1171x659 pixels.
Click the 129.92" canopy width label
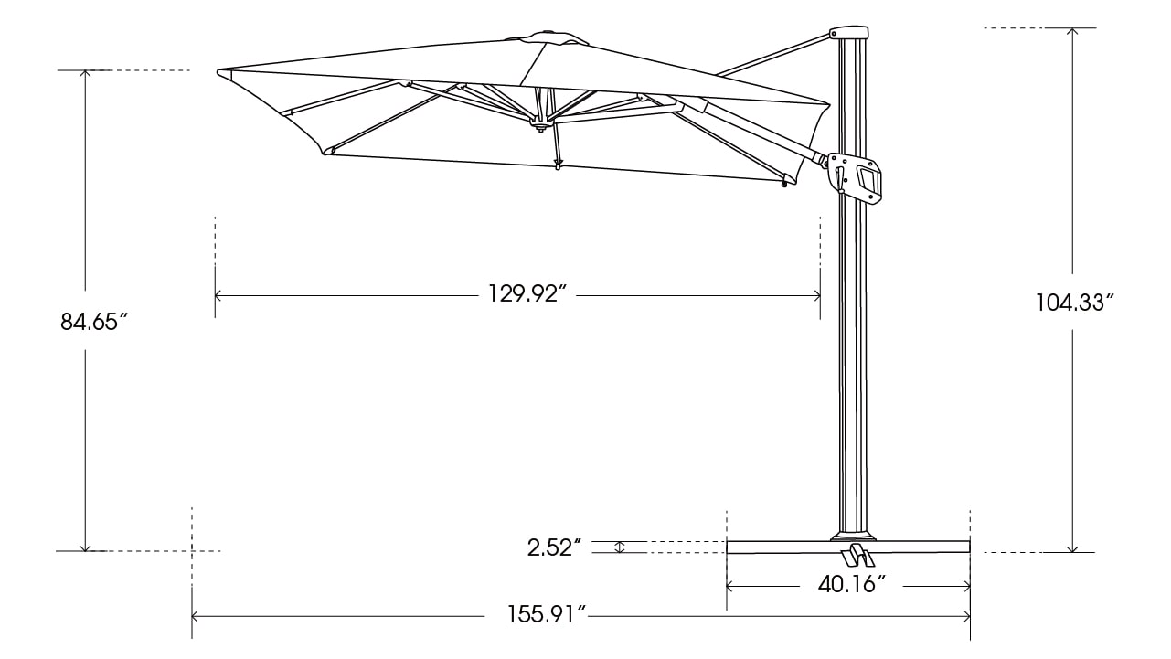click(x=527, y=293)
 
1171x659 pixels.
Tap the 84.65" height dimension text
click(x=94, y=322)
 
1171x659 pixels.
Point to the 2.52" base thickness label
click(x=554, y=548)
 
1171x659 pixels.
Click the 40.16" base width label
click(x=852, y=585)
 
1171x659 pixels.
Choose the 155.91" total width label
click(x=547, y=614)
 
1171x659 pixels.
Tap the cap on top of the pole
click(x=849, y=32)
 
